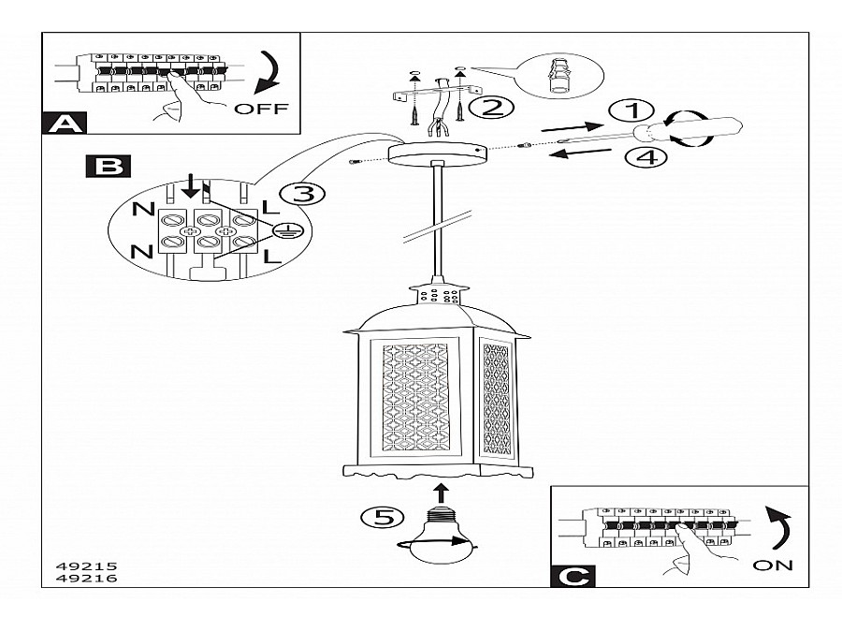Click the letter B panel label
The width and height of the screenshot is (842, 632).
click(109, 168)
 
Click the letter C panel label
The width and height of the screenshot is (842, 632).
click(573, 576)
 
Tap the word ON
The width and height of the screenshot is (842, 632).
click(772, 565)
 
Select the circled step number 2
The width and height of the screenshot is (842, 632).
click(490, 106)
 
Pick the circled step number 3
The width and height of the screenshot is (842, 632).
click(301, 194)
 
